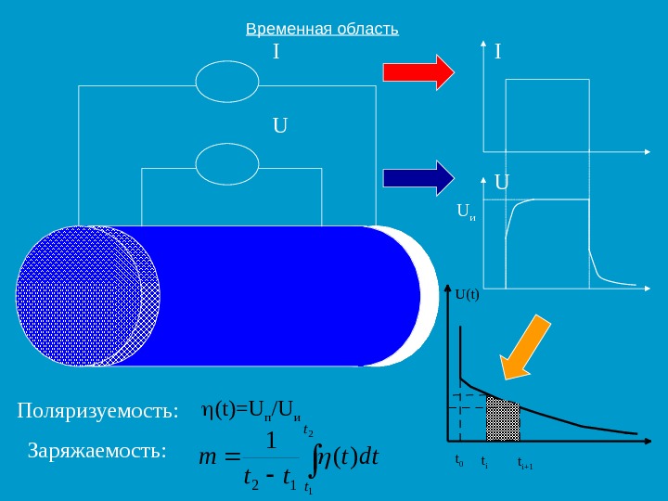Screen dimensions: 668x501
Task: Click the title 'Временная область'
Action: coord(322,29)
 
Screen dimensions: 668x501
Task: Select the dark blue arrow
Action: coord(418,176)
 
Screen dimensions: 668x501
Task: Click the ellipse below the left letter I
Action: coord(227,80)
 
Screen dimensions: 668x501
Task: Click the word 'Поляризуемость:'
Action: coord(96,411)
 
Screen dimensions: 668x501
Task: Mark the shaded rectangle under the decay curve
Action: coord(503,420)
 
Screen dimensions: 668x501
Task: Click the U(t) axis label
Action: coord(467,296)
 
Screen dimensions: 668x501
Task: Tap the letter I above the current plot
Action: coord(498,52)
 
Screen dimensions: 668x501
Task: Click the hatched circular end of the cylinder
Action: coord(74,296)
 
